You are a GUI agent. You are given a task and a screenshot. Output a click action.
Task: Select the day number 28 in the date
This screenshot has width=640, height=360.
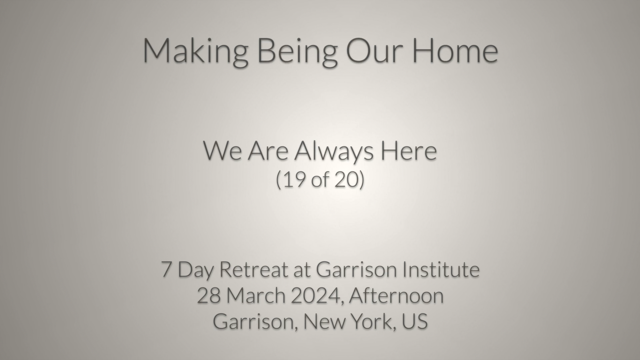point(208,296)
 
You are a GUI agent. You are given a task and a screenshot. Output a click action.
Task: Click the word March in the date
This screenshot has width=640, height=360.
point(256,296)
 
